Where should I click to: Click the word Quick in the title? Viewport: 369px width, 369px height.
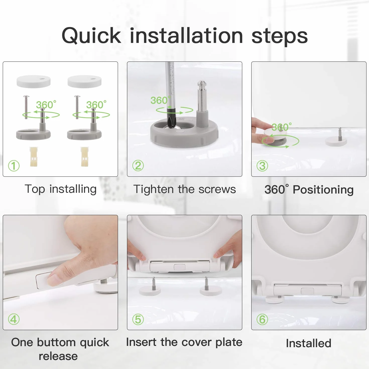91,36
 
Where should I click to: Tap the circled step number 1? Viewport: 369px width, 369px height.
14,166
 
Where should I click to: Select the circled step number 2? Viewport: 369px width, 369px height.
138,166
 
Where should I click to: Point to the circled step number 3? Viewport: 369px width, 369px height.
262,166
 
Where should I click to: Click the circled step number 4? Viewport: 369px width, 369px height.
14,319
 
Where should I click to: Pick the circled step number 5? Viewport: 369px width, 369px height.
138,319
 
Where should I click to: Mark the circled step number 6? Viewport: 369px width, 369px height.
262,319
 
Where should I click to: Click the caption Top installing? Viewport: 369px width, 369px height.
60,189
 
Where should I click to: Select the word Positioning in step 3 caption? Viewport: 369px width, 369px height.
323,190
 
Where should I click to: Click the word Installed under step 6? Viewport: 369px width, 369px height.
309,343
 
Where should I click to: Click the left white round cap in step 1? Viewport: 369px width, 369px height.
33,81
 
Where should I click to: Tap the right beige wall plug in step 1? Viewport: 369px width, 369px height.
84,157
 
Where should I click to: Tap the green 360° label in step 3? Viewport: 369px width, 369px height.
281,127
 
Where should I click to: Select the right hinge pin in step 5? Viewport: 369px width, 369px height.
206,283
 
